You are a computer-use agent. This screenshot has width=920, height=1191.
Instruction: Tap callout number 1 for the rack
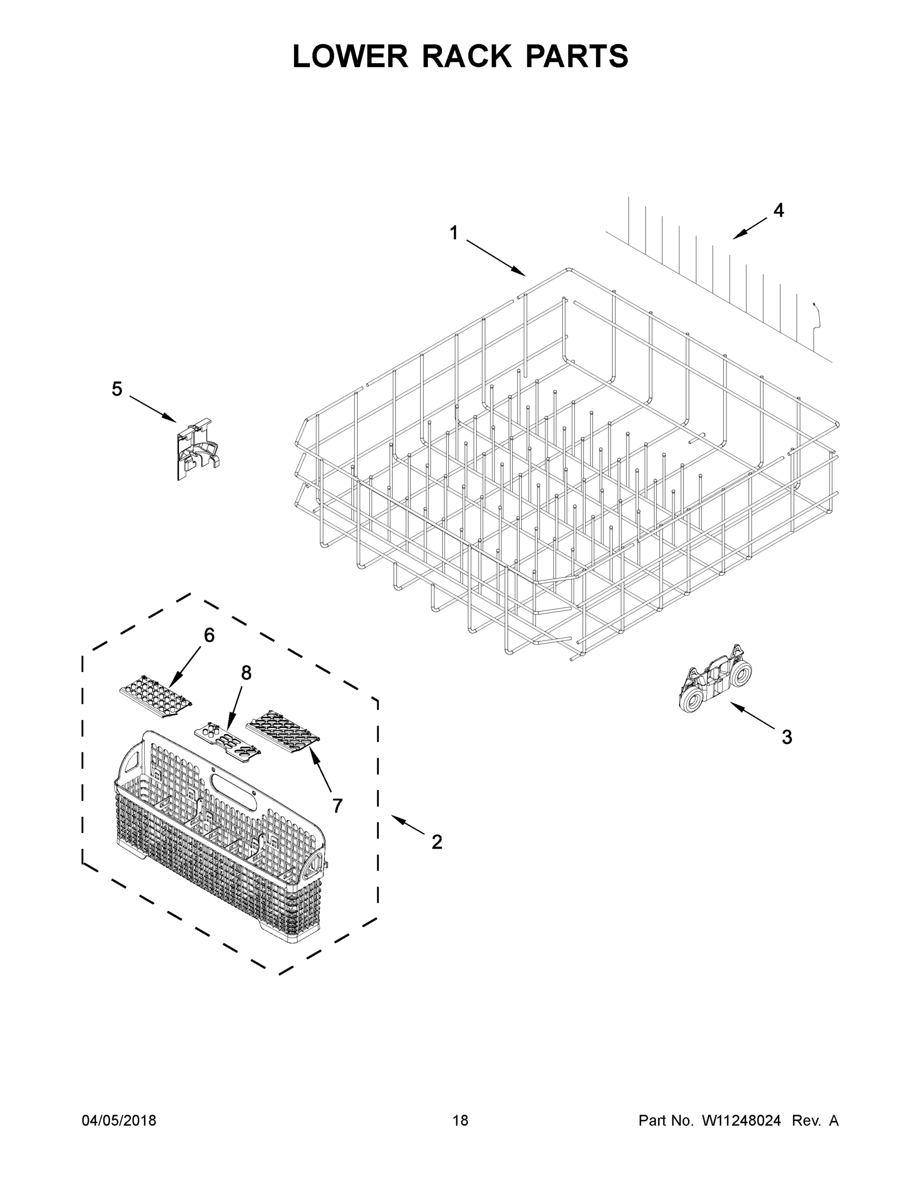(x=453, y=233)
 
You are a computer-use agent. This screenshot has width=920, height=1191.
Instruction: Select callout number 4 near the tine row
(x=778, y=210)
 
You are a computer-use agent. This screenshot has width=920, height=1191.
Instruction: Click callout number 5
(x=117, y=390)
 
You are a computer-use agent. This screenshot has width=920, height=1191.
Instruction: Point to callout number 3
(x=787, y=737)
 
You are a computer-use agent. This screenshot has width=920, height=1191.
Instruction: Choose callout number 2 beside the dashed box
(x=436, y=843)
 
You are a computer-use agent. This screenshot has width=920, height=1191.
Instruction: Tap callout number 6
(x=209, y=635)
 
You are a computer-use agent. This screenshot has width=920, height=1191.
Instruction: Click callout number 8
(x=246, y=673)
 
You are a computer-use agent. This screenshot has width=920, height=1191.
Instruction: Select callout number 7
(x=337, y=805)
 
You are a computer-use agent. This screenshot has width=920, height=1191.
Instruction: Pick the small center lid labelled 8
(x=227, y=741)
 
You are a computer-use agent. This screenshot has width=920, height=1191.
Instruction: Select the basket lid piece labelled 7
(x=282, y=731)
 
